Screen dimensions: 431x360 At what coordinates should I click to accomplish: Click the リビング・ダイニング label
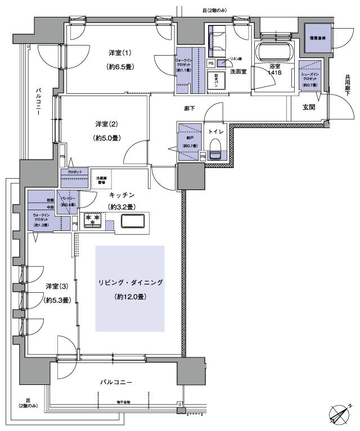pos(130,283)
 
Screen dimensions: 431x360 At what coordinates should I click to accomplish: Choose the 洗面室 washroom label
pos(237,72)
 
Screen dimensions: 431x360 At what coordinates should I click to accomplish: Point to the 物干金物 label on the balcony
pos(124,402)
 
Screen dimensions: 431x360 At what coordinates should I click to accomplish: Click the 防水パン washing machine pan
pos(217,80)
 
